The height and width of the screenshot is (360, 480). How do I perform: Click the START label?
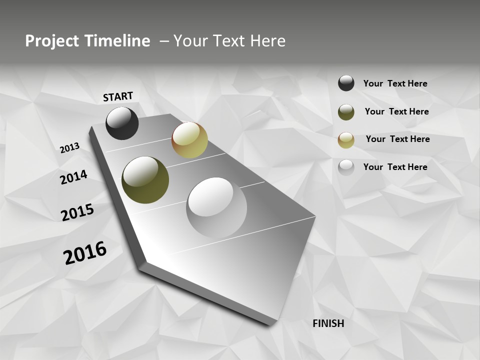(x=118, y=96)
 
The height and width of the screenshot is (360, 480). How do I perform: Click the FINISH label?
(x=328, y=323)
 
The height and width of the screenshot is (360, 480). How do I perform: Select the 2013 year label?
(x=69, y=148)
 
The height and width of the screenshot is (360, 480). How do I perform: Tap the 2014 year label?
(x=73, y=177)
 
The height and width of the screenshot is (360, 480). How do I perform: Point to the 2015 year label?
(x=77, y=212)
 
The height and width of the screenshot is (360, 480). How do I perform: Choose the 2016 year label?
(x=85, y=252)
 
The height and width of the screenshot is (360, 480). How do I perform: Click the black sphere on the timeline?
(x=122, y=123)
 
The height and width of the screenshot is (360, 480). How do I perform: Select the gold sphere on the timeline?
(x=189, y=140)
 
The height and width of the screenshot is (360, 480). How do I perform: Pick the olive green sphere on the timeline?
(x=145, y=180)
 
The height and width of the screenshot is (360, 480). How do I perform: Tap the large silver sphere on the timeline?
(x=216, y=207)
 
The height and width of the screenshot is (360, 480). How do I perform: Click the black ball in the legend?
(x=346, y=83)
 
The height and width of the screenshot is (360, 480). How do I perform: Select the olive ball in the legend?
(x=346, y=112)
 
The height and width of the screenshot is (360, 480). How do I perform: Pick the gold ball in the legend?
(x=346, y=140)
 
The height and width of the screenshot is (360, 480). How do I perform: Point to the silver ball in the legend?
(x=346, y=167)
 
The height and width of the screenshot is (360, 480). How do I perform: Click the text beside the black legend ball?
(x=395, y=83)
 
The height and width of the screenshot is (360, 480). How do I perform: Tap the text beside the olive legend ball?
(x=396, y=111)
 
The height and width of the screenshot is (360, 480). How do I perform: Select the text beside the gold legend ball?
(x=397, y=139)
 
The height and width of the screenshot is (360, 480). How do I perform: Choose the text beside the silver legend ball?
(x=395, y=167)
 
